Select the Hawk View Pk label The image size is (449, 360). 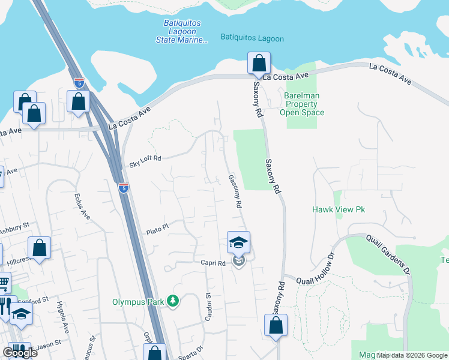click(339, 209)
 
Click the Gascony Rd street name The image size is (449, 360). click(235, 191)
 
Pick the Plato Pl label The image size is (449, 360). click(158, 229)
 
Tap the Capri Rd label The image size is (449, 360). click(213, 263)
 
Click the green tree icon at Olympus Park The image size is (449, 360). click(173, 301)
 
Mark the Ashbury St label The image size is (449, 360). click(14, 228)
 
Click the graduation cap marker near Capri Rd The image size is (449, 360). click(238, 243)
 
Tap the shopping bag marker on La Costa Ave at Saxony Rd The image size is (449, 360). click(259, 63)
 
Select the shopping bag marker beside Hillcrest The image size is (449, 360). click(39, 248)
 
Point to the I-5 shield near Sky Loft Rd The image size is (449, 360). click(123, 187)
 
